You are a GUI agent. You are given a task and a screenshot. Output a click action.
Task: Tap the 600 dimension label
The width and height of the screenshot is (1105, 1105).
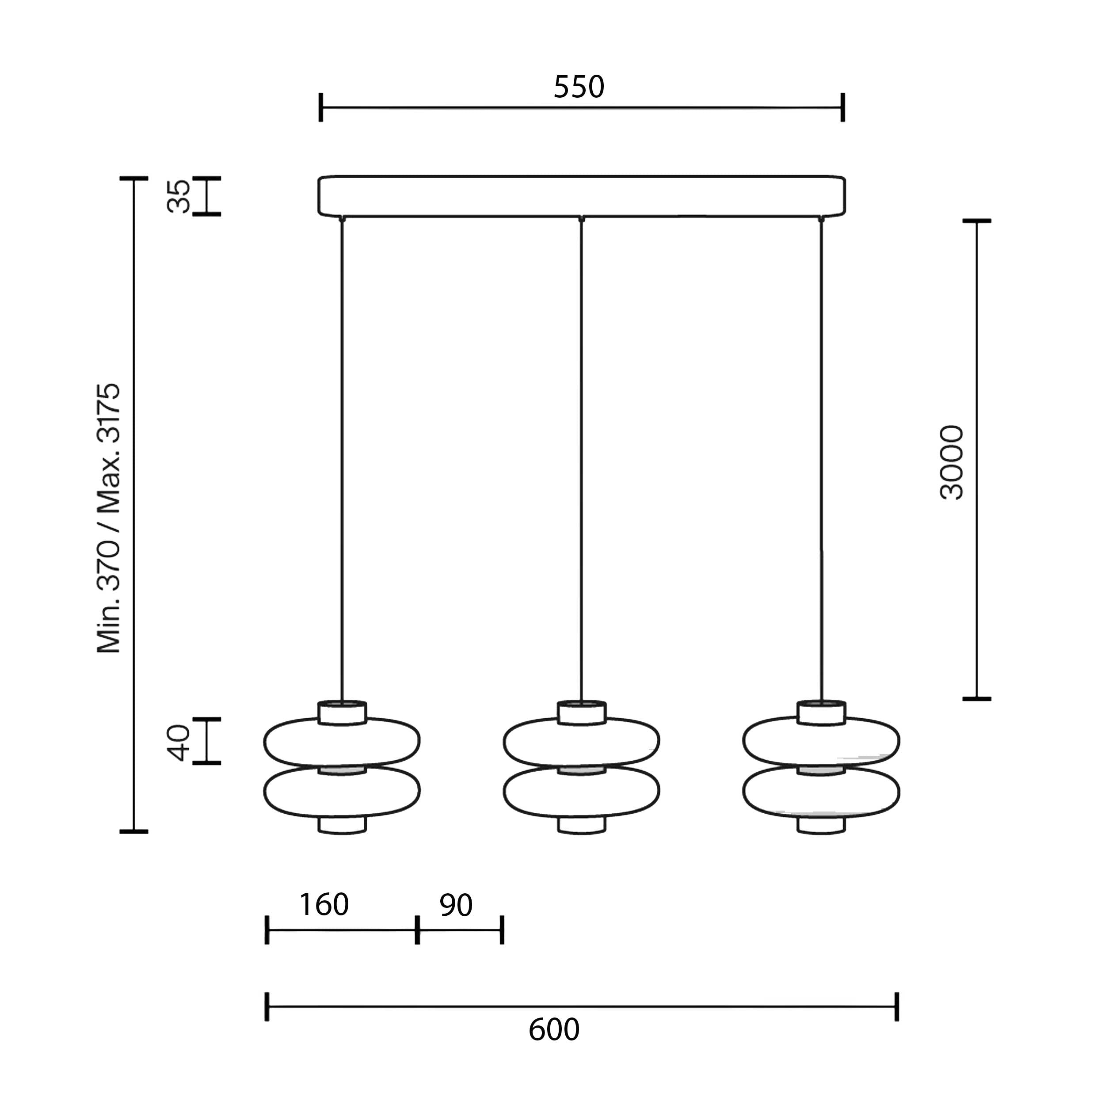(554, 1029)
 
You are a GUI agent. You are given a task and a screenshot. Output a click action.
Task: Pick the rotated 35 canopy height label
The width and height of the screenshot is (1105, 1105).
(179, 196)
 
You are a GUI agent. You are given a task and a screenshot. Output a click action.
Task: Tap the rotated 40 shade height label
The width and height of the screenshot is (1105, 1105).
(179, 743)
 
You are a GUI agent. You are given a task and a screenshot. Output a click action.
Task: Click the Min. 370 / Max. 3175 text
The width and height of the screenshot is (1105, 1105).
(109, 518)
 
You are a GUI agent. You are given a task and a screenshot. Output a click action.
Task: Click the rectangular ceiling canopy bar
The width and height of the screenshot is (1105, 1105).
(582, 196)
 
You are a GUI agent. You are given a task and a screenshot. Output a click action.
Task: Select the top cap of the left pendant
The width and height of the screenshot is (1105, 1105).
(342, 712)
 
